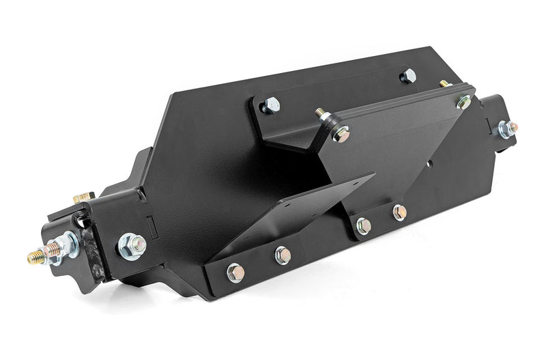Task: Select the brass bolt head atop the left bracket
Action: [x=84, y=197]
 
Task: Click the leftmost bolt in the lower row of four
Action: [x=235, y=272]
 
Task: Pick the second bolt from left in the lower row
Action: [x=282, y=255]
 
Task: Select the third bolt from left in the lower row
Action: [x=363, y=225]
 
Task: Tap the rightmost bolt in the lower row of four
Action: [x=399, y=212]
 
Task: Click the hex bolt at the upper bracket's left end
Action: [x=272, y=105]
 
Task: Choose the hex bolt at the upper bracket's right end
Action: [x=407, y=75]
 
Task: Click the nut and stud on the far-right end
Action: [x=506, y=128]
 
